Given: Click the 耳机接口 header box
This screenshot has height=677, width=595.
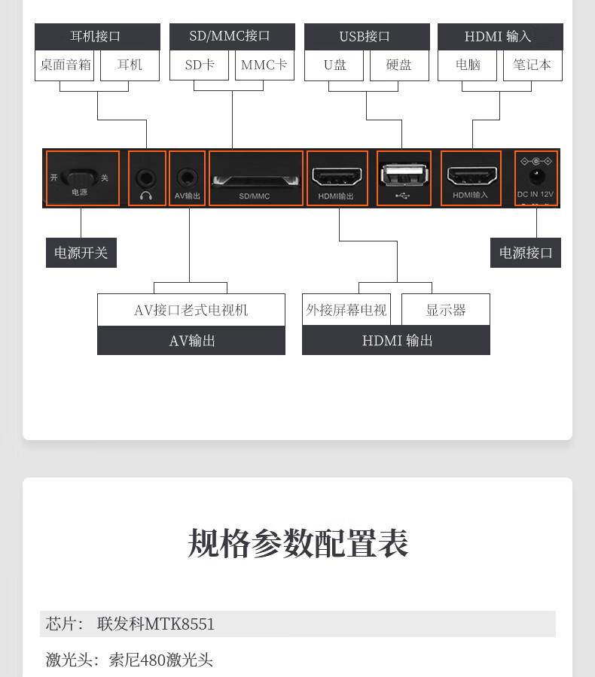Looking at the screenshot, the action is pyautogui.click(x=97, y=36).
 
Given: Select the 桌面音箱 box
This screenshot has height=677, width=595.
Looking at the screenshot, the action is pyautogui.click(x=65, y=65).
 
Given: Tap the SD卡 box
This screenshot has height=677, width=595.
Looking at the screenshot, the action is pyautogui.click(x=199, y=65).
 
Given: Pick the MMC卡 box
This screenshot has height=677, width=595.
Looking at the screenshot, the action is pyautogui.click(x=264, y=65).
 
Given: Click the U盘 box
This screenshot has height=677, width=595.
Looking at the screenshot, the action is pyautogui.click(x=334, y=65).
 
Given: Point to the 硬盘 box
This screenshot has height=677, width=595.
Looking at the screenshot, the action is pyautogui.click(x=399, y=65).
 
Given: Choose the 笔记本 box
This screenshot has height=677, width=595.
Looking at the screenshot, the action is pyautogui.click(x=532, y=65).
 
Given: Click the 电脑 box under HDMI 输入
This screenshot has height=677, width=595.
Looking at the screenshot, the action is pyautogui.click(x=467, y=65).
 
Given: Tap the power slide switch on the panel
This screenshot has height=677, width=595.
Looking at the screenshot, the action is pyautogui.click(x=79, y=177).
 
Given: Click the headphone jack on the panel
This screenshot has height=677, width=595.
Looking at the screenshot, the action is pyautogui.click(x=146, y=178).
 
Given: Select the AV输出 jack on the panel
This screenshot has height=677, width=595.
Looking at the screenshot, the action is pyautogui.click(x=187, y=178).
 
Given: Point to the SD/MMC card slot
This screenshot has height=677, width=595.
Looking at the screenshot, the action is pyautogui.click(x=255, y=181).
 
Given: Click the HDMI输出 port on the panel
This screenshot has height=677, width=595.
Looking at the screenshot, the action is pyautogui.click(x=337, y=176).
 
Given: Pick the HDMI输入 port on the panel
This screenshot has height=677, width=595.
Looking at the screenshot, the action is pyautogui.click(x=471, y=176).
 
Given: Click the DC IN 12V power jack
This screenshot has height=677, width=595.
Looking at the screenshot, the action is pyautogui.click(x=536, y=177).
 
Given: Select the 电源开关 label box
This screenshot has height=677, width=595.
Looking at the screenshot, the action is pyautogui.click(x=81, y=253).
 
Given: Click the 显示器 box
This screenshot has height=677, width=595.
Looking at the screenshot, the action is pyautogui.click(x=446, y=310).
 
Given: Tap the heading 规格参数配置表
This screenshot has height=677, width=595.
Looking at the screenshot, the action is pyautogui.click(x=297, y=542).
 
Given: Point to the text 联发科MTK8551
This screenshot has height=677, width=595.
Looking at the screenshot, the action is pyautogui.click(x=156, y=624).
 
